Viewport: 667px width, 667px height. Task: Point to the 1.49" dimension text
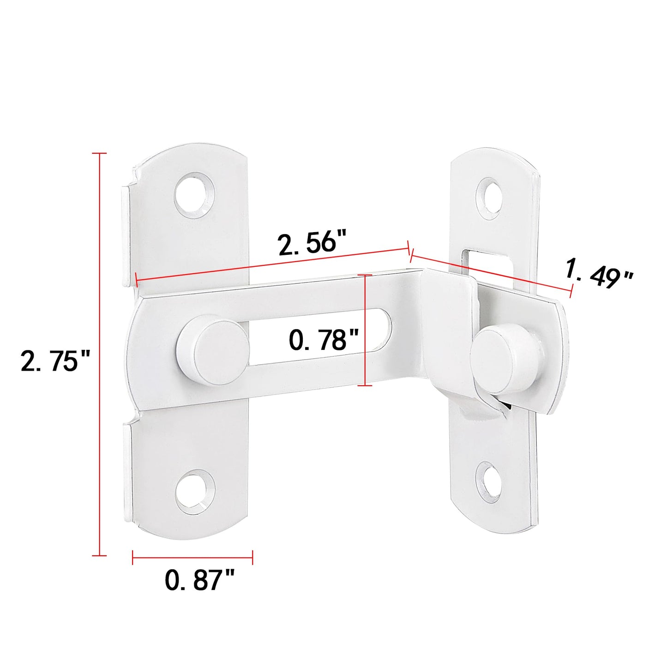599,275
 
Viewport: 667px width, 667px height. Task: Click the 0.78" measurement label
324,340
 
